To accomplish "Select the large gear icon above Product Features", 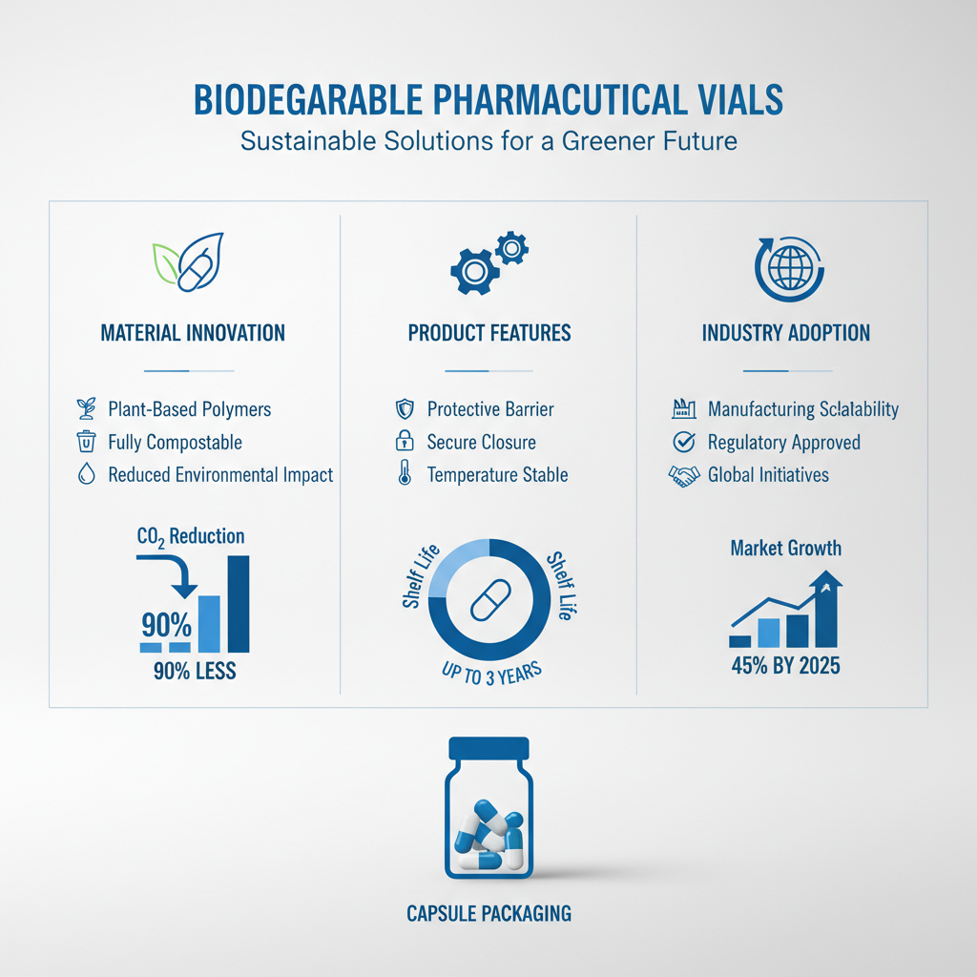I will (474, 271).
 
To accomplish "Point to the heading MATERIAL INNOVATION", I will (193, 333).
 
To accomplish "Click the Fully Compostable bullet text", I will (175, 443).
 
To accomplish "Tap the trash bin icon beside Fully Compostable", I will (86, 442).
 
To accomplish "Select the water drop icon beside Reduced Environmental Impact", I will (86, 474).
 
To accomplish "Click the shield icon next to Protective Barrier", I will (405, 409).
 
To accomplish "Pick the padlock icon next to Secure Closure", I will (405, 442).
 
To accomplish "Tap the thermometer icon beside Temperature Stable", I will (405, 474).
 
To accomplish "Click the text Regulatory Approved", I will (783, 443).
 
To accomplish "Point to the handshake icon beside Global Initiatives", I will (683, 475).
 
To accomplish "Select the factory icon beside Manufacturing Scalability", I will (683, 409).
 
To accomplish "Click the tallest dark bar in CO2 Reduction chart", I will (239, 604).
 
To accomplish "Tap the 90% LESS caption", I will (194, 672).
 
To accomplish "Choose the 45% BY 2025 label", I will (786, 666).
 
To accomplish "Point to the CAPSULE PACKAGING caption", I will (488, 913).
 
